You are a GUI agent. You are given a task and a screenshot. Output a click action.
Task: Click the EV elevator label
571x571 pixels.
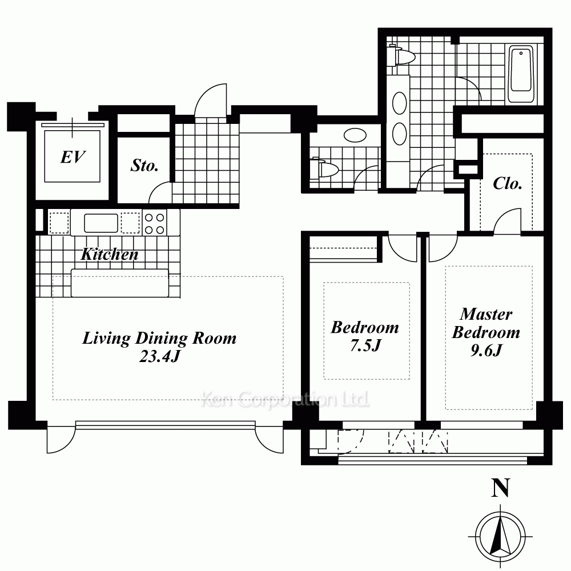(73, 158)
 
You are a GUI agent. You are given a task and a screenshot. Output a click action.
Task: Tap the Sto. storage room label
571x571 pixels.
(144, 166)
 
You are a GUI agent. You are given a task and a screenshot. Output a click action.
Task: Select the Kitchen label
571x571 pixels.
(110, 254)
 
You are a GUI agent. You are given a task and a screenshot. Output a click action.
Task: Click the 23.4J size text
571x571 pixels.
(160, 356)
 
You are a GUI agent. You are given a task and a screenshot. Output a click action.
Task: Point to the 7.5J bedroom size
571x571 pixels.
(365, 345)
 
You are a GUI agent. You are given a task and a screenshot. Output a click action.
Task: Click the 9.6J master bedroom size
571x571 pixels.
(486, 351)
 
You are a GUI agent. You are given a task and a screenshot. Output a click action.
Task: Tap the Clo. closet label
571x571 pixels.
(508, 183)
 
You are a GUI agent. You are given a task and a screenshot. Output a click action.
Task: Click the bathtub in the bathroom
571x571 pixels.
(521, 74)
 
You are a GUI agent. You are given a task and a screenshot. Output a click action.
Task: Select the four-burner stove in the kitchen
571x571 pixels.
(154, 223)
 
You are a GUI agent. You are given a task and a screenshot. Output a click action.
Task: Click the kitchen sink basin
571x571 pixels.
(101, 223)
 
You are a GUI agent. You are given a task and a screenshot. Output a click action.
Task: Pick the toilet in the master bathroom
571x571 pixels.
(401, 57)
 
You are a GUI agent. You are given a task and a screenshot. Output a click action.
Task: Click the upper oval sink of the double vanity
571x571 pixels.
(400, 103)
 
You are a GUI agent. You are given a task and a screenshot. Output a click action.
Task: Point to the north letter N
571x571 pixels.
(500, 488)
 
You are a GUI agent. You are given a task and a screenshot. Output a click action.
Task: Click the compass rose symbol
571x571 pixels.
(501, 536)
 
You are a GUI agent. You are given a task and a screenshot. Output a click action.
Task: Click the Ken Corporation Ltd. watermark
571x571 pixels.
(285, 400)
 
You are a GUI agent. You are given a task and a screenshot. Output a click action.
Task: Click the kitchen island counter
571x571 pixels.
(120, 283)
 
